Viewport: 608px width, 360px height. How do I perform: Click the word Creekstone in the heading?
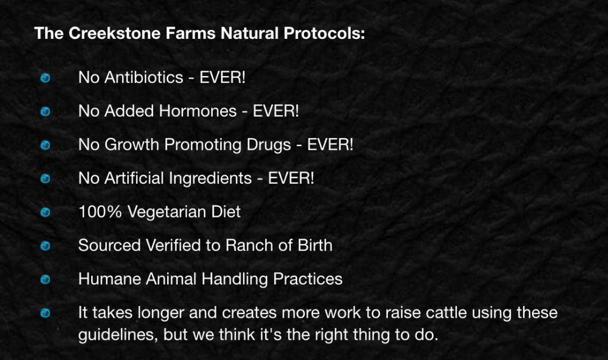coord(115,33)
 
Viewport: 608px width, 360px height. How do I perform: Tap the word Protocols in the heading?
coord(324,33)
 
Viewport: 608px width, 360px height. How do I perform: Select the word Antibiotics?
coord(144,77)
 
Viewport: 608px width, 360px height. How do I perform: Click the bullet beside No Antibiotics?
coord(46,78)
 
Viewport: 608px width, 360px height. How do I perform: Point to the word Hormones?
coord(198,111)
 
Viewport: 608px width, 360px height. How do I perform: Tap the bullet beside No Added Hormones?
coord(46,112)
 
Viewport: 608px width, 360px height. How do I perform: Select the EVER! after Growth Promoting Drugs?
coord(330,145)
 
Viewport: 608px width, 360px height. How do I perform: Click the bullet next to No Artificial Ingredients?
coord(46,179)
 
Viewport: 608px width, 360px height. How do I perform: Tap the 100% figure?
coord(100,212)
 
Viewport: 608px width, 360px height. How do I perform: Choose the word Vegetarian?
coord(166,212)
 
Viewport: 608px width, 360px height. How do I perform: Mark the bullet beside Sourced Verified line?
coord(46,246)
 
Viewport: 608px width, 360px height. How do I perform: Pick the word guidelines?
coord(118,335)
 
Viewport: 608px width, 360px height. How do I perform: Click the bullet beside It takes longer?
coord(46,313)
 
